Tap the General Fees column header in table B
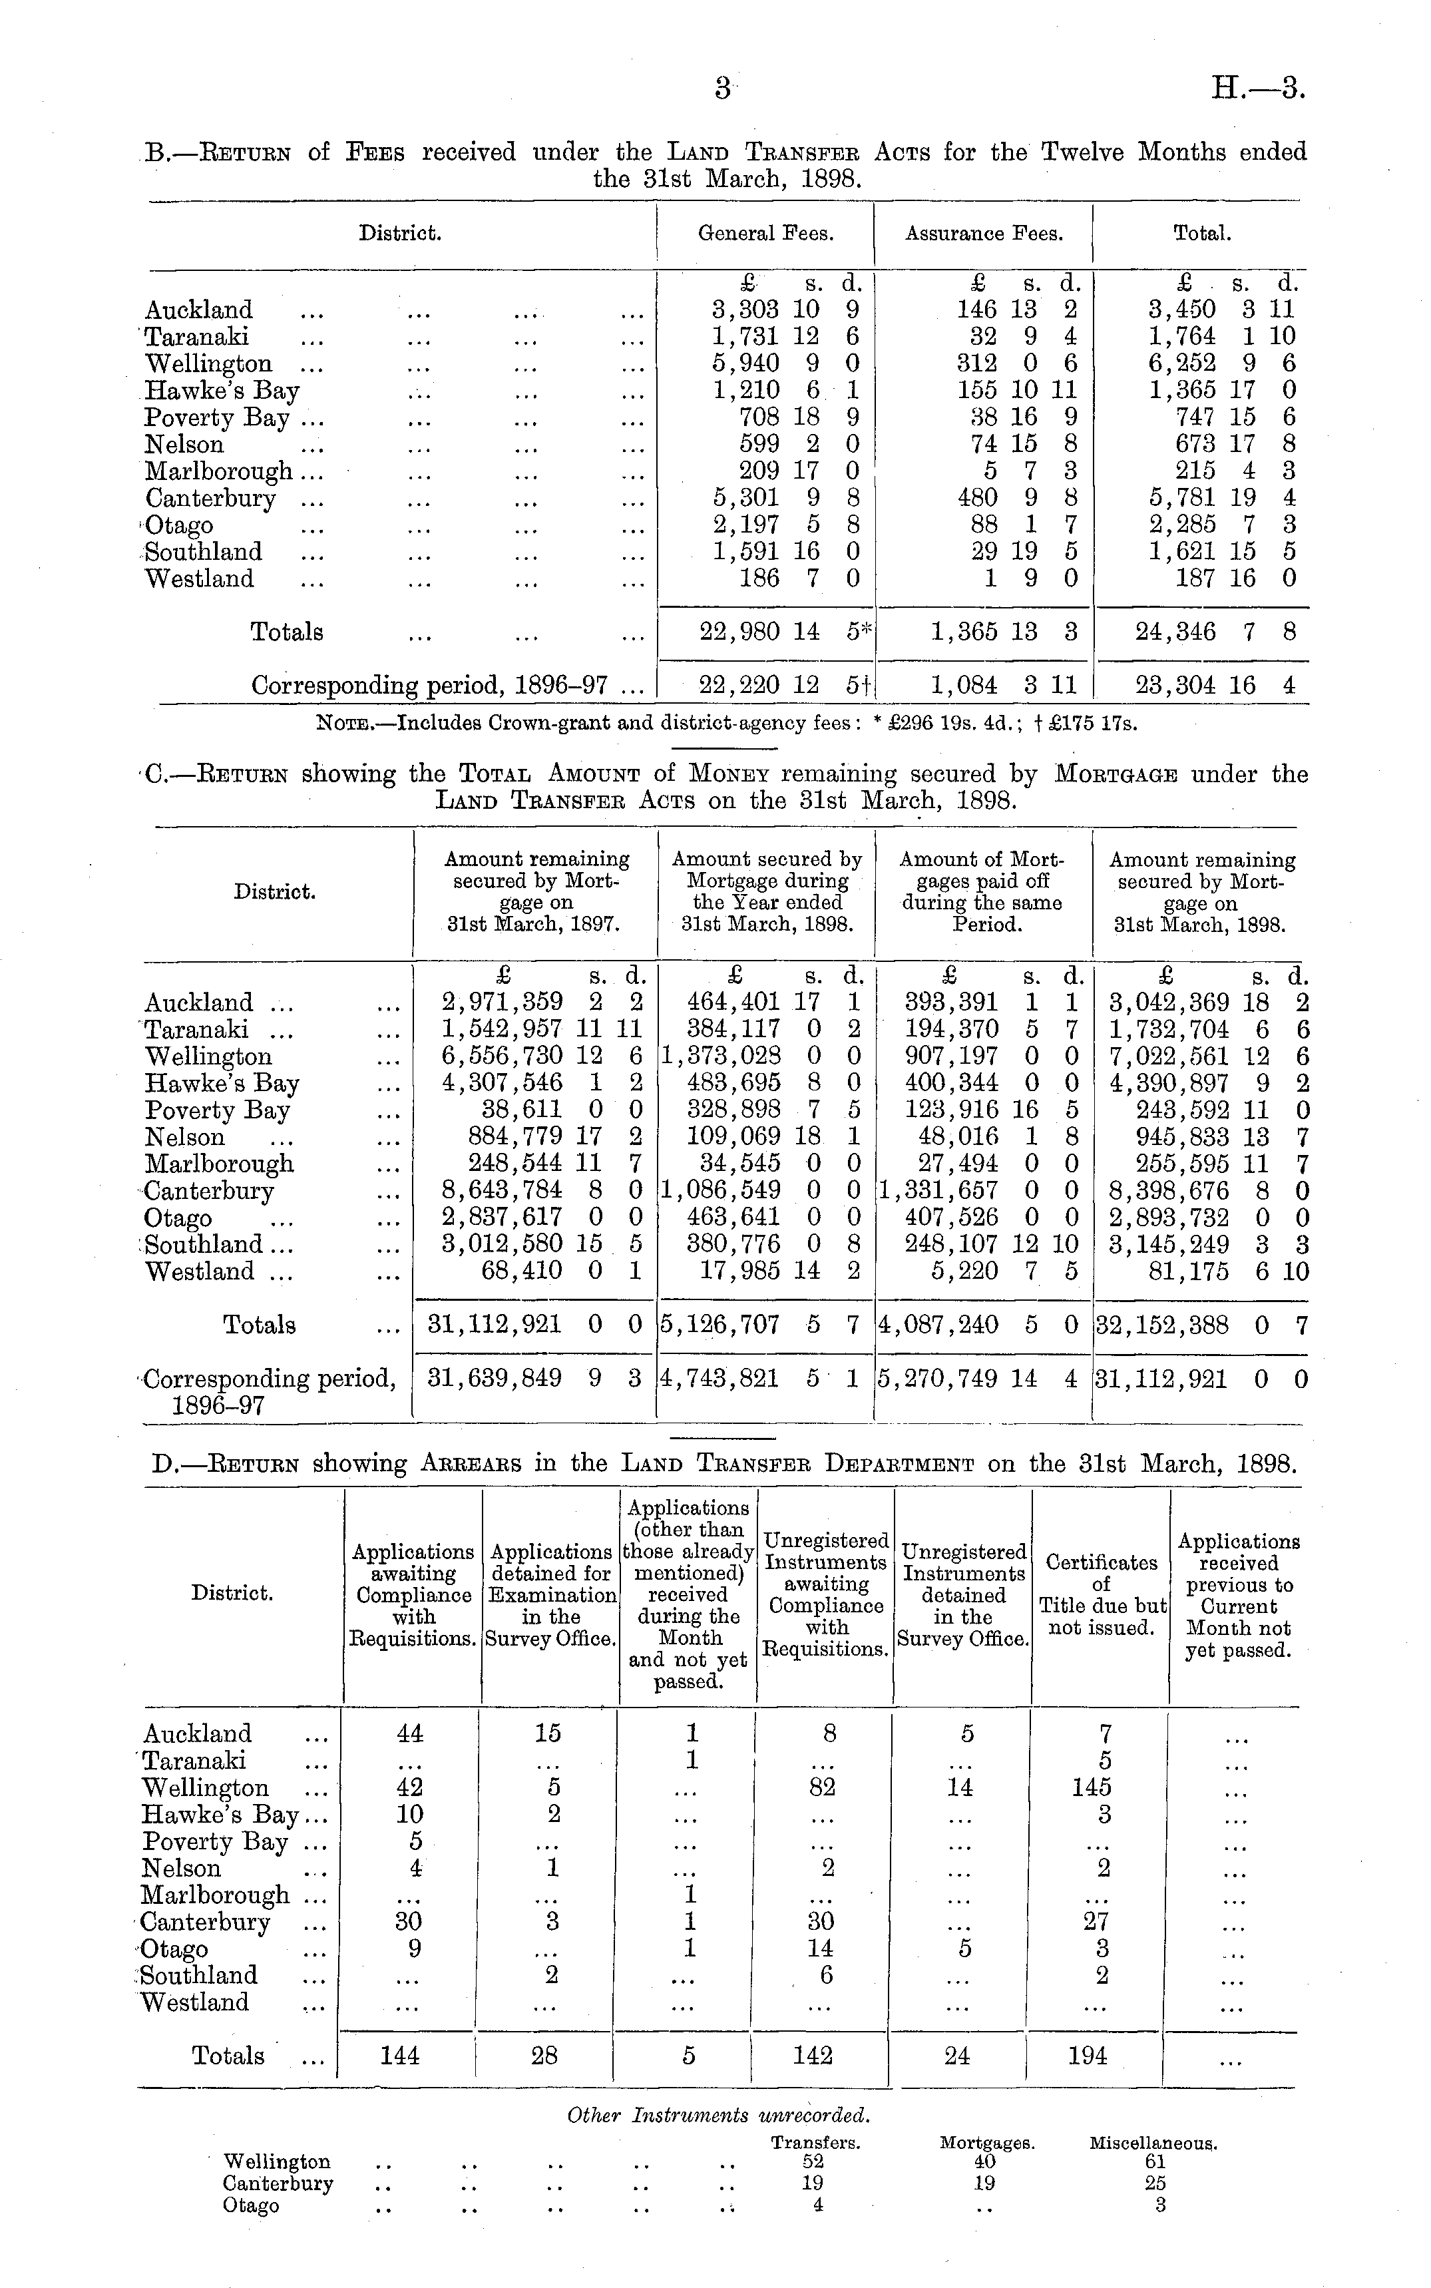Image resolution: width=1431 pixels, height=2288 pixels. [x=765, y=234]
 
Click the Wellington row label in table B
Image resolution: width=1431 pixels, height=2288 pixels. [x=208, y=364]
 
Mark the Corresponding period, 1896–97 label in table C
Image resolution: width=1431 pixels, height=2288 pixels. [x=269, y=1391]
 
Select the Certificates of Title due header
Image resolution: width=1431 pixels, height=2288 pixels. [x=1102, y=1594]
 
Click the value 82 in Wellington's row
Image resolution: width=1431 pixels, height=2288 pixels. [x=828, y=1787]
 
